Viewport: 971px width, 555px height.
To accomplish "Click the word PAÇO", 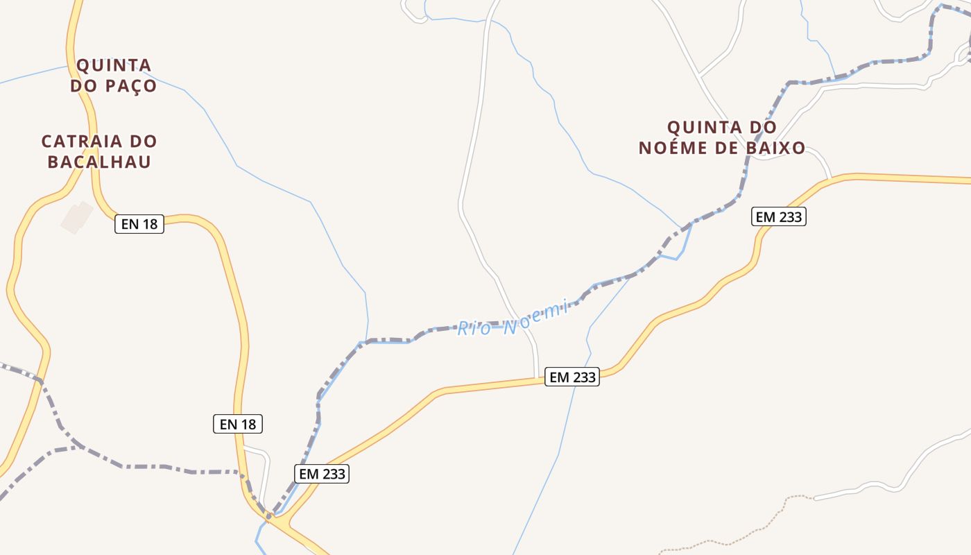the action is pyautogui.click(x=131, y=86).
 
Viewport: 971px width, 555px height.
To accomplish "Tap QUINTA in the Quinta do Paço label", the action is pyautogui.click(x=114, y=65).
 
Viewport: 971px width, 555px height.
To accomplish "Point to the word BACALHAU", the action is pyautogui.click(x=99, y=162).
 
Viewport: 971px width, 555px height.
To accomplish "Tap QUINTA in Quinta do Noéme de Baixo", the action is pyautogui.click(x=701, y=128).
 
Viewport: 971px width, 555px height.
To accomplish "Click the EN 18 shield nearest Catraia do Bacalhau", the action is pyautogui.click(x=139, y=224).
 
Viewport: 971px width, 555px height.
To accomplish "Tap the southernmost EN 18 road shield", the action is pyautogui.click(x=238, y=424).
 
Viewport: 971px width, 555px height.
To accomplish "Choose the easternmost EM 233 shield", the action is pyautogui.click(x=779, y=217).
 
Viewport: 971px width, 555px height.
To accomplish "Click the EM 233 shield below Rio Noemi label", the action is pyautogui.click(x=572, y=377).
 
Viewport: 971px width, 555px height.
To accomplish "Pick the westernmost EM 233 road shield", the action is pyautogui.click(x=322, y=474).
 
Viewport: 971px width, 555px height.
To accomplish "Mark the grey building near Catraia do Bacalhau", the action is pyautogui.click(x=76, y=217).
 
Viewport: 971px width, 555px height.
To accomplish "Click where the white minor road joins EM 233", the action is pyautogui.click(x=537, y=379).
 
